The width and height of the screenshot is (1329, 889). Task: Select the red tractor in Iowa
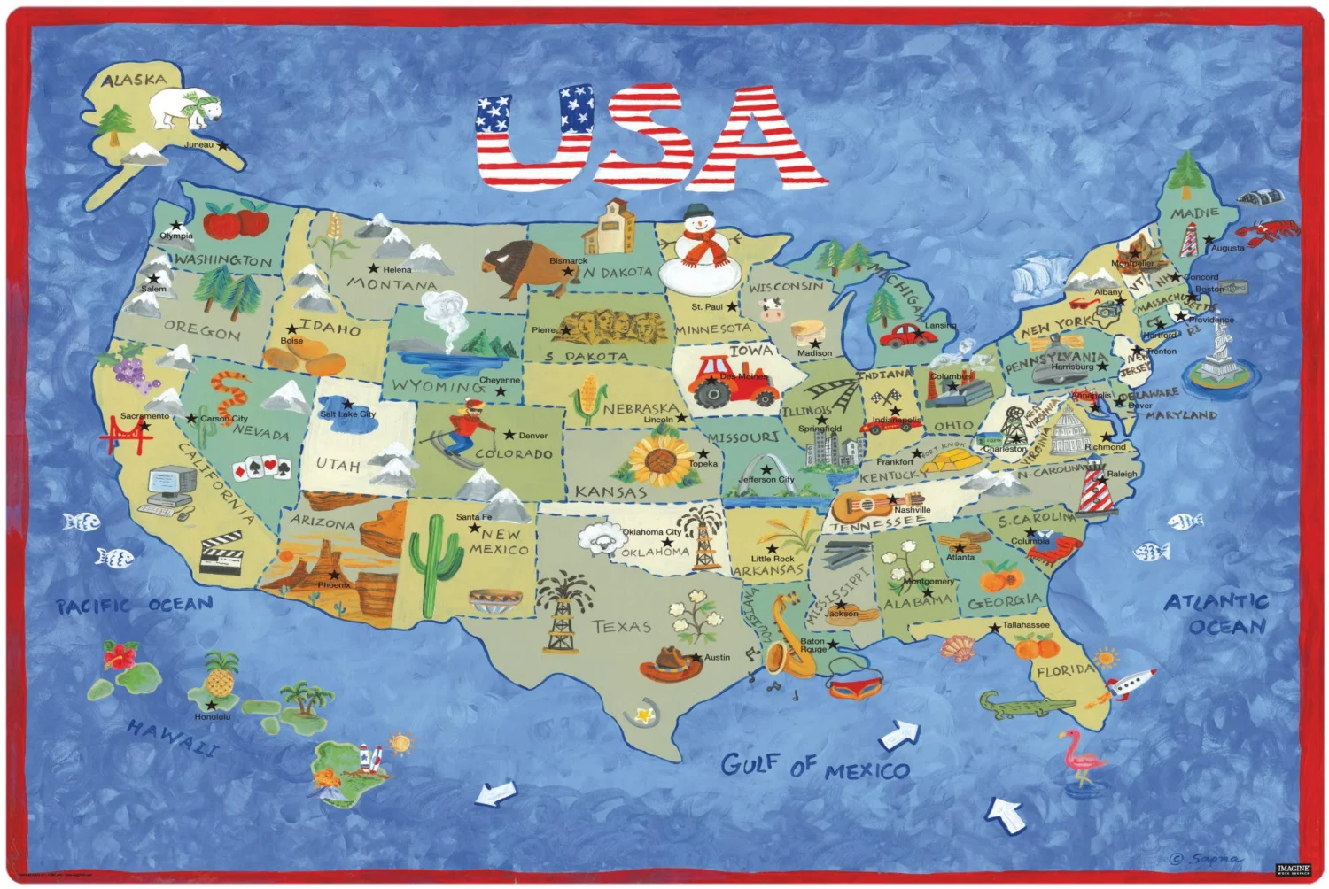732,381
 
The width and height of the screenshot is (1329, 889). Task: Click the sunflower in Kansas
660,460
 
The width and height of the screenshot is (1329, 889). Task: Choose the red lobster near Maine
1266,233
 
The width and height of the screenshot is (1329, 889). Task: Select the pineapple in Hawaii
221,677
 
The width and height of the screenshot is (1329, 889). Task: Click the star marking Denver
509,435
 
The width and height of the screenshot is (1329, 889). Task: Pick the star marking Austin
697,657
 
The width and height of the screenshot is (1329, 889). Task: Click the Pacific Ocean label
135,606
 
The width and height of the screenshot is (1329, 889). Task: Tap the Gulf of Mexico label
814,767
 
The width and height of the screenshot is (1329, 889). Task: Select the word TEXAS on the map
621,627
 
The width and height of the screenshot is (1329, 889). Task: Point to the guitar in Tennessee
864,506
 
